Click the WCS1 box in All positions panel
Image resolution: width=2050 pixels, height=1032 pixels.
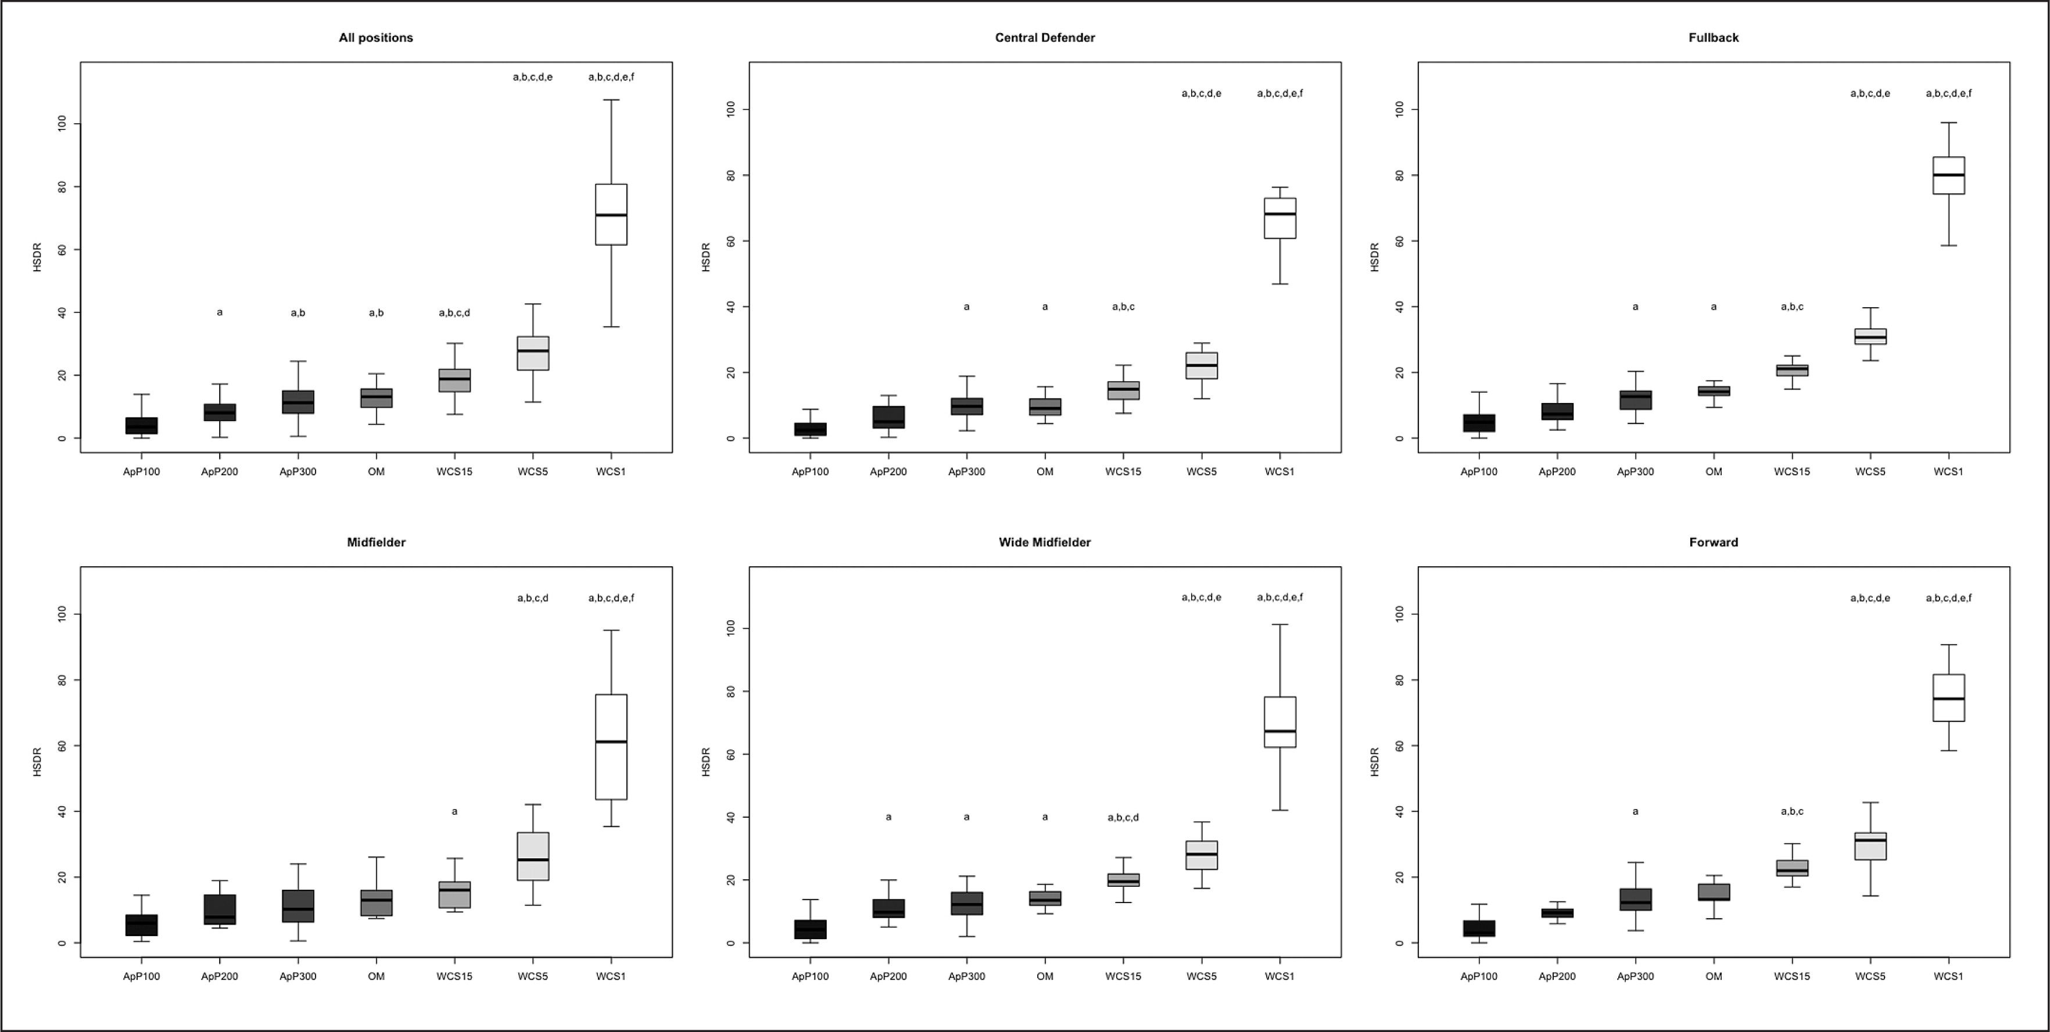click(x=611, y=214)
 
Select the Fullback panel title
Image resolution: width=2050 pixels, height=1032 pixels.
click(x=1714, y=37)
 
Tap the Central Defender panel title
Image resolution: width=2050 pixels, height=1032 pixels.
click(x=1044, y=37)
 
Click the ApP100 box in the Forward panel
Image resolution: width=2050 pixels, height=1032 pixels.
click(x=1479, y=929)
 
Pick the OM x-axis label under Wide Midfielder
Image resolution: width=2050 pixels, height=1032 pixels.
click(x=1044, y=976)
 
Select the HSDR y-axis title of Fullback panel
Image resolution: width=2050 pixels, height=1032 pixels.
click(x=1374, y=257)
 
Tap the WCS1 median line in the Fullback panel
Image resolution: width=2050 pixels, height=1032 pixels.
click(x=1948, y=175)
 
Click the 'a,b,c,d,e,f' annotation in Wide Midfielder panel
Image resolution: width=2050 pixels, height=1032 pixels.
click(x=1279, y=598)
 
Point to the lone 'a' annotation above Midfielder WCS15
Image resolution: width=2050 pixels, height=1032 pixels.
click(x=454, y=811)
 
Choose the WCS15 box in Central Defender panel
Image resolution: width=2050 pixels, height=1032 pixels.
click(x=1123, y=390)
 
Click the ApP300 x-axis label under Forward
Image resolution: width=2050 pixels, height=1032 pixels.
click(x=1635, y=976)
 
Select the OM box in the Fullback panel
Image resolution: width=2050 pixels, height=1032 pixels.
click(x=1714, y=391)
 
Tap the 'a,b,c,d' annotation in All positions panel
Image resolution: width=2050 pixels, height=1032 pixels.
click(x=454, y=312)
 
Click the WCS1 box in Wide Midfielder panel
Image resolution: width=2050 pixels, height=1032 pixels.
click(x=1279, y=722)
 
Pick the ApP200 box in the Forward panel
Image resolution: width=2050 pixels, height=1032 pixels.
click(x=1557, y=912)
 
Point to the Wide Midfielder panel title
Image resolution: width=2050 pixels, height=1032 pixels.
click(x=1044, y=542)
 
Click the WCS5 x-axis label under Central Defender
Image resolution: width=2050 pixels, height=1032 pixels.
click(x=1201, y=472)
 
